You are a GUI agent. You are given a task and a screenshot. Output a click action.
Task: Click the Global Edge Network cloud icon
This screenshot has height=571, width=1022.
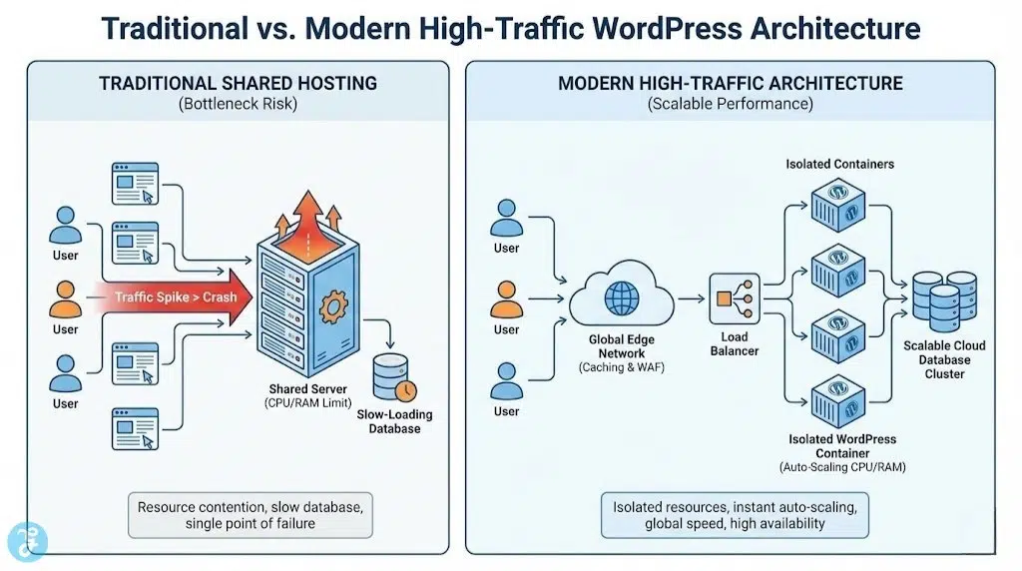tap(621, 294)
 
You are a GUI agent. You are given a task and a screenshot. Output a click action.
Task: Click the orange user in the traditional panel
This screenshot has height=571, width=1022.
tap(66, 297)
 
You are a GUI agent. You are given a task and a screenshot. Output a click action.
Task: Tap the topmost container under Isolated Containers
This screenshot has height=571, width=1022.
tap(835, 206)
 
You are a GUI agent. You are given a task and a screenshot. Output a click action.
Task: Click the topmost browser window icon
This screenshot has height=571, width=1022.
tap(134, 181)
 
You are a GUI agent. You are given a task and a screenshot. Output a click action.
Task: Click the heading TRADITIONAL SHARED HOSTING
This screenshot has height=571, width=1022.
tap(238, 83)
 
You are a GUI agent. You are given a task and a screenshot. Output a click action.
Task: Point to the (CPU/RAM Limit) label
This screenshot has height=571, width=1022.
tap(308, 403)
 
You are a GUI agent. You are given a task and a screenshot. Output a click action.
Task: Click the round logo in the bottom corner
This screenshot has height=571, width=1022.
tap(22, 540)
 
